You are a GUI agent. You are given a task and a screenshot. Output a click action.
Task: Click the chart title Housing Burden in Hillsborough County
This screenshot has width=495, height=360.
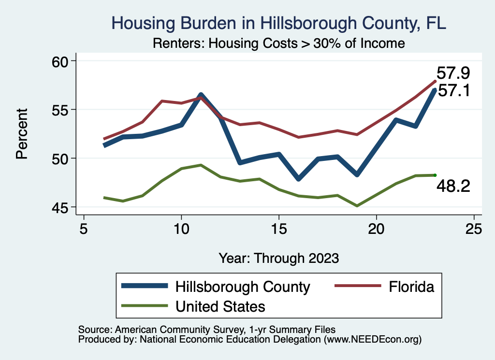point(279,23)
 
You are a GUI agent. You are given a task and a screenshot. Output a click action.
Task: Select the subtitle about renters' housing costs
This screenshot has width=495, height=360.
point(278,43)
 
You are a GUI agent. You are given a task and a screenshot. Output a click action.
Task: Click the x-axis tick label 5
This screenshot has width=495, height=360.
point(84,229)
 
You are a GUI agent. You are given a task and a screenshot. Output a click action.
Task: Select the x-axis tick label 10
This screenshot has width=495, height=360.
point(181,229)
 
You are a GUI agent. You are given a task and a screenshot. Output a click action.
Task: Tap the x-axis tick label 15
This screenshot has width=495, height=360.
point(279,229)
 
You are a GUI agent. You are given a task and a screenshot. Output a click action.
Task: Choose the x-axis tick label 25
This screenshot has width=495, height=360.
point(474,229)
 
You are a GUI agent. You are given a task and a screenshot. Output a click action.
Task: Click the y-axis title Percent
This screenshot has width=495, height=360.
point(21,134)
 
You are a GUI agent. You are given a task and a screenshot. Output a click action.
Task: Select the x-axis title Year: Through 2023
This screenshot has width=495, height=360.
point(278,258)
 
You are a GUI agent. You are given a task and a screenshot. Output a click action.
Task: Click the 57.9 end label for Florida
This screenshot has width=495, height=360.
point(453,73)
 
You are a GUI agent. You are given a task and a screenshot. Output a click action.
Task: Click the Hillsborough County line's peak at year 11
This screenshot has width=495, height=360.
point(201,95)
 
